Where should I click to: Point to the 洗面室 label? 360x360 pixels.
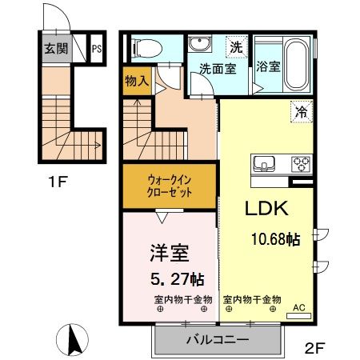pyautogui.click(x=218, y=69)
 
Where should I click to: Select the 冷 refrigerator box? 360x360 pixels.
pyautogui.click(x=301, y=114)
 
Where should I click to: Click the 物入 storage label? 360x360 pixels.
pyautogui.click(x=137, y=80)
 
